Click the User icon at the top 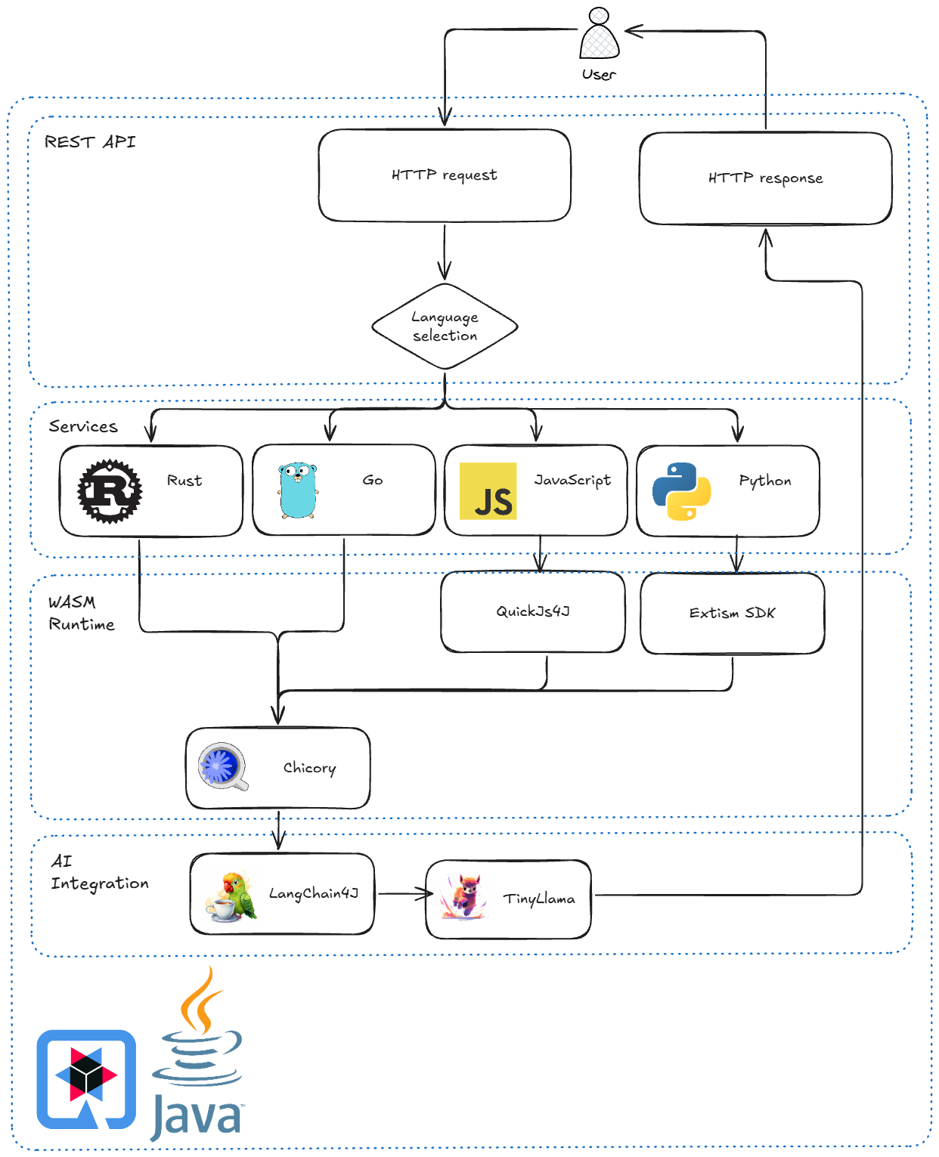pyautogui.click(x=599, y=34)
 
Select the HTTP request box pyautogui.click(x=445, y=175)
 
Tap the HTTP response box pyautogui.click(x=765, y=178)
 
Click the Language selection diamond pyautogui.click(x=445, y=326)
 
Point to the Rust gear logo pyautogui.click(x=110, y=491)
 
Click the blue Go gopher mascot pyautogui.click(x=297, y=491)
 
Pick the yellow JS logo pyautogui.click(x=488, y=491)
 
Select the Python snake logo pyautogui.click(x=681, y=491)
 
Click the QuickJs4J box pyautogui.click(x=533, y=611)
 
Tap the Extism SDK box pyautogui.click(x=732, y=613)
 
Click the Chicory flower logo pyautogui.click(x=222, y=766)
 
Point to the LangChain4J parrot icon pyautogui.click(x=231, y=897)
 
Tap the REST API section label pyautogui.click(x=90, y=142)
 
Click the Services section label pyautogui.click(x=83, y=427)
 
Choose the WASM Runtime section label pyautogui.click(x=81, y=613)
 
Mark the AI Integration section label pyautogui.click(x=99, y=872)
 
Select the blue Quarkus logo pyautogui.click(x=86, y=1078)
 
